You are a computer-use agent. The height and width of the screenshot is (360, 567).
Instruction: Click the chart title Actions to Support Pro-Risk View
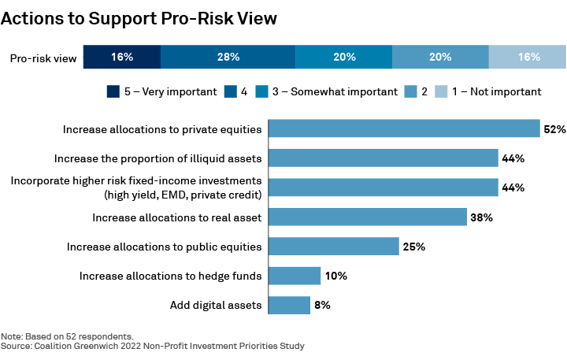(x=139, y=17)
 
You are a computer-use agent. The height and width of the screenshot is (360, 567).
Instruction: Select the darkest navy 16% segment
(x=121, y=58)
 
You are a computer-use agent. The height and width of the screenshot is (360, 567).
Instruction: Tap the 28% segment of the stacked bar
(x=228, y=58)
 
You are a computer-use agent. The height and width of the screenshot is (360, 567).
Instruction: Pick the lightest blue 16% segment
(x=528, y=58)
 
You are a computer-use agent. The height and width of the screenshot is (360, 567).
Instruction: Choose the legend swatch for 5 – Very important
(x=113, y=91)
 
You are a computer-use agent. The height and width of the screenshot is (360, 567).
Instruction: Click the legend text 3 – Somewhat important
(x=344, y=91)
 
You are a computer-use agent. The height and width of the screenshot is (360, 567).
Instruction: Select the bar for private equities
(x=404, y=128)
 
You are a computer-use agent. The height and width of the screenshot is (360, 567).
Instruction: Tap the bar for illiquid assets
(x=384, y=158)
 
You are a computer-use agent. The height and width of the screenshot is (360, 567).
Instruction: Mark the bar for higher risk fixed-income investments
(x=384, y=187)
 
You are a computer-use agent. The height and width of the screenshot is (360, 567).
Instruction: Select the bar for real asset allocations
(x=368, y=217)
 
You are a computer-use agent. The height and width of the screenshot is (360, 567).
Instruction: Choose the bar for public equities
(x=334, y=247)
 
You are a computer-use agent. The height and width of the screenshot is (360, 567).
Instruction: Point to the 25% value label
(x=413, y=247)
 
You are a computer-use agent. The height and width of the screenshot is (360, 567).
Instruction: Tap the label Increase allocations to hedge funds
(x=170, y=276)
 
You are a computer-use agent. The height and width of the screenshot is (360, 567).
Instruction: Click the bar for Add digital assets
(x=289, y=305)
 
